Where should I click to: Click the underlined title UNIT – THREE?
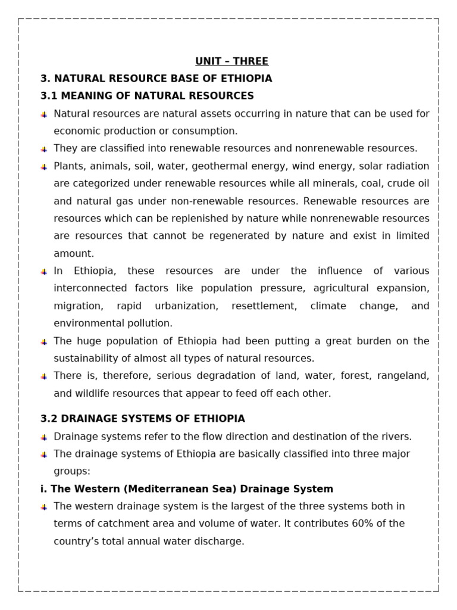231,61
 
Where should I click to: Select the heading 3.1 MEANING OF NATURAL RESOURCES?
147,96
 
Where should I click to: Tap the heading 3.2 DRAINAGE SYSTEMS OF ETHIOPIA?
142,419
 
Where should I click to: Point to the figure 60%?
355,524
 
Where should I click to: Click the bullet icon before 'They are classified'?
44,150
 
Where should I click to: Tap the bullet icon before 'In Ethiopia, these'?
44,272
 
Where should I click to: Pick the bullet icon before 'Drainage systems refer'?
44,438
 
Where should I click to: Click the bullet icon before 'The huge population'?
44,342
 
